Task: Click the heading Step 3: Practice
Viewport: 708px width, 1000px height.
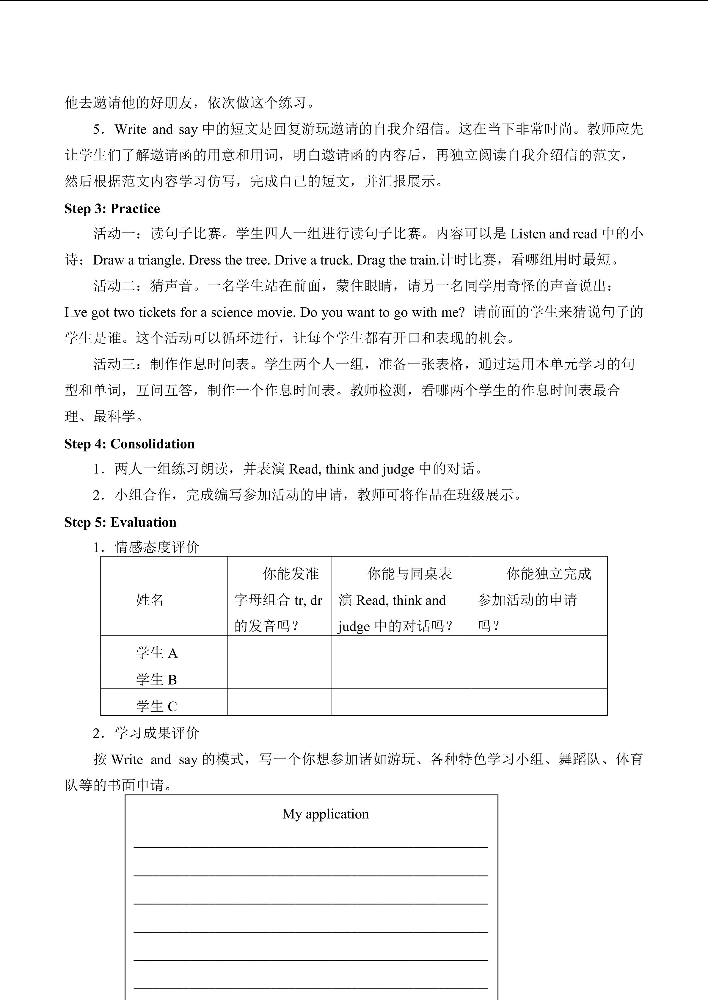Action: [x=112, y=208]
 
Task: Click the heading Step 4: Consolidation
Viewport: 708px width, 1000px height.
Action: [x=129, y=444]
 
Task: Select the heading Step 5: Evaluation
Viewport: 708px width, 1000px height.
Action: [x=120, y=522]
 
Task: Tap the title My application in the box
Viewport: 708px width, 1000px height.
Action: [x=325, y=814]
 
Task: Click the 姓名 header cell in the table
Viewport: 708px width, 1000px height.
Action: [x=150, y=600]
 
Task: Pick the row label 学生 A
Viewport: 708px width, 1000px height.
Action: [x=156, y=653]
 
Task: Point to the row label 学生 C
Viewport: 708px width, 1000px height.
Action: [x=156, y=706]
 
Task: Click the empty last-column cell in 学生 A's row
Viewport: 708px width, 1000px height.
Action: [x=539, y=649]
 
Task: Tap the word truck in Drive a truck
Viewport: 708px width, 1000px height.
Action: [x=336, y=260]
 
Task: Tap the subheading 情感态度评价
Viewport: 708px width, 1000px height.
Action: [x=157, y=547]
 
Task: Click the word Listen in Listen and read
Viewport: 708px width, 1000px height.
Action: [x=528, y=234]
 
